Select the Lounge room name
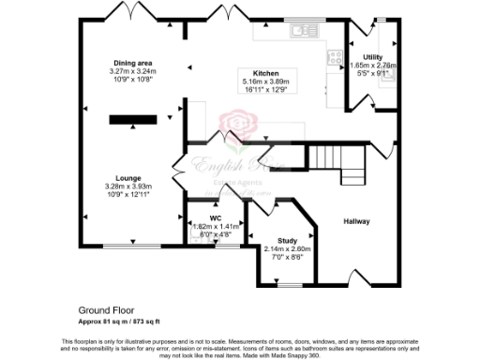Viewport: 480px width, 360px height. point(128,177)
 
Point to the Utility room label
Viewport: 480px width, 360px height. point(372,57)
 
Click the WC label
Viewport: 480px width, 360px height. point(215,218)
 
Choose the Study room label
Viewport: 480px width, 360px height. point(287,241)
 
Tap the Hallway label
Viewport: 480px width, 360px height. point(356,222)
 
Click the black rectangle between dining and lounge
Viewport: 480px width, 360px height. point(132,119)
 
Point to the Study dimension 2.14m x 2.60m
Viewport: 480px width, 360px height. point(287,249)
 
